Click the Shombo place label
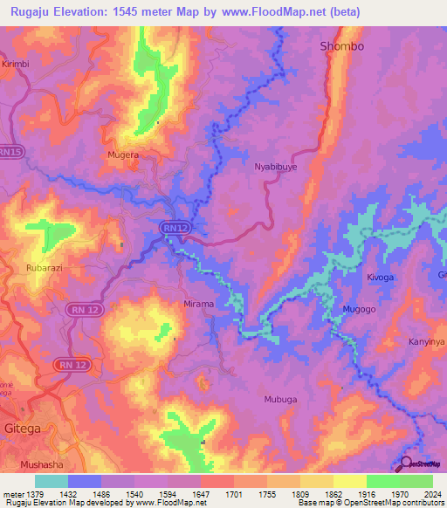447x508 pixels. (341, 45)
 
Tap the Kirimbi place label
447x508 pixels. (16, 65)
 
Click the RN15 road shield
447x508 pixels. (10, 152)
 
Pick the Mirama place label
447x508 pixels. (198, 304)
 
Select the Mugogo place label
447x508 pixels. (359, 310)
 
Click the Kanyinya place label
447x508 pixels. (427, 341)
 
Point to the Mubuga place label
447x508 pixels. (280, 399)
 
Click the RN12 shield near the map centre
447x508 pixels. (175, 228)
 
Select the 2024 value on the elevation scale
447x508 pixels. (433, 493)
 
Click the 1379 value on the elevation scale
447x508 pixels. (35, 493)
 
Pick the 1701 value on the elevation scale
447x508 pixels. (234, 493)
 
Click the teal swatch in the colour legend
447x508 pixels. (52, 481)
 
